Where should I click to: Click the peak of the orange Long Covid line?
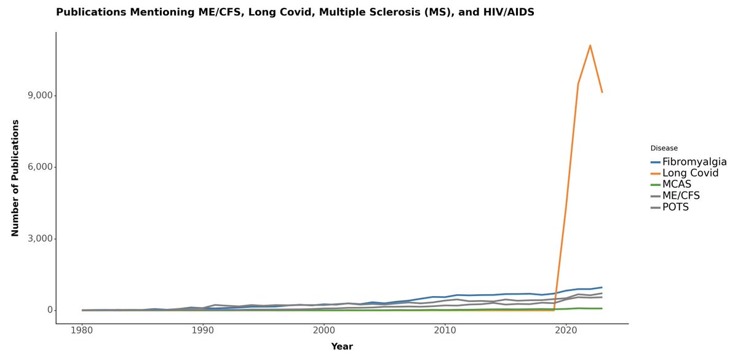pyautogui.click(x=590, y=46)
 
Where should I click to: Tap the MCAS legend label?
pyautogui.click(x=676, y=185)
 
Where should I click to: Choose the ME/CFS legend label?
pyautogui.click(x=681, y=196)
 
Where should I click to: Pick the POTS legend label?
pyautogui.click(x=675, y=207)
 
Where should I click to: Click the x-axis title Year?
pyautogui.click(x=342, y=346)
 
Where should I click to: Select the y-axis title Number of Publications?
pyautogui.click(x=15, y=178)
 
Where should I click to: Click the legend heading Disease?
pyautogui.click(x=664, y=148)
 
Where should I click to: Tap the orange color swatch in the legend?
pyautogui.click(x=656, y=174)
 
